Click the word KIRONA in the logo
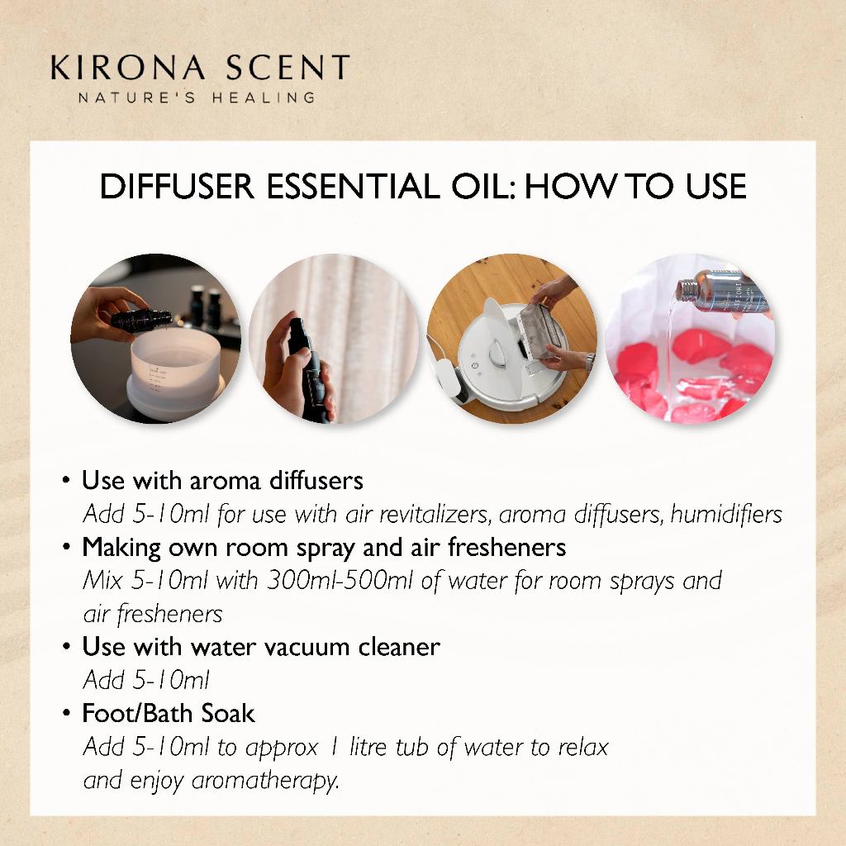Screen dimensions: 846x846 tap(128, 68)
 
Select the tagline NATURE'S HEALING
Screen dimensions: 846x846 tap(197, 97)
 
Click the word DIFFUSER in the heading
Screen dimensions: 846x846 tap(177, 187)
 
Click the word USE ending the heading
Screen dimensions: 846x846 tap(715, 187)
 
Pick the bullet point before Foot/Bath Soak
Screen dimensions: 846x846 tap(66, 713)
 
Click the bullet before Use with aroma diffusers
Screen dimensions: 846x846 tap(66, 480)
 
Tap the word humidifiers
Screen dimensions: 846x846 tap(726, 514)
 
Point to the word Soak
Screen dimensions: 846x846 tap(228, 713)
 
